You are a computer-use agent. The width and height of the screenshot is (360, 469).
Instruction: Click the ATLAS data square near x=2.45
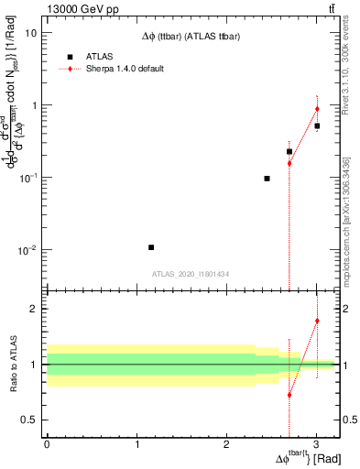(x=267, y=179)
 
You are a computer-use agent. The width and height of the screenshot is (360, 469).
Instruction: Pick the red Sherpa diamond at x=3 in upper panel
(x=317, y=109)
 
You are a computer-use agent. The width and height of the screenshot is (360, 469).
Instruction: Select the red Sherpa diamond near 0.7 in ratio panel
(x=289, y=396)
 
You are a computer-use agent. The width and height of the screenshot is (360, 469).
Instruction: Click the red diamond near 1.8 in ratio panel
(x=317, y=321)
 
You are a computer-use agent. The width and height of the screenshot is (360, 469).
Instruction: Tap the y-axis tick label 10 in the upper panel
(x=30, y=32)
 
